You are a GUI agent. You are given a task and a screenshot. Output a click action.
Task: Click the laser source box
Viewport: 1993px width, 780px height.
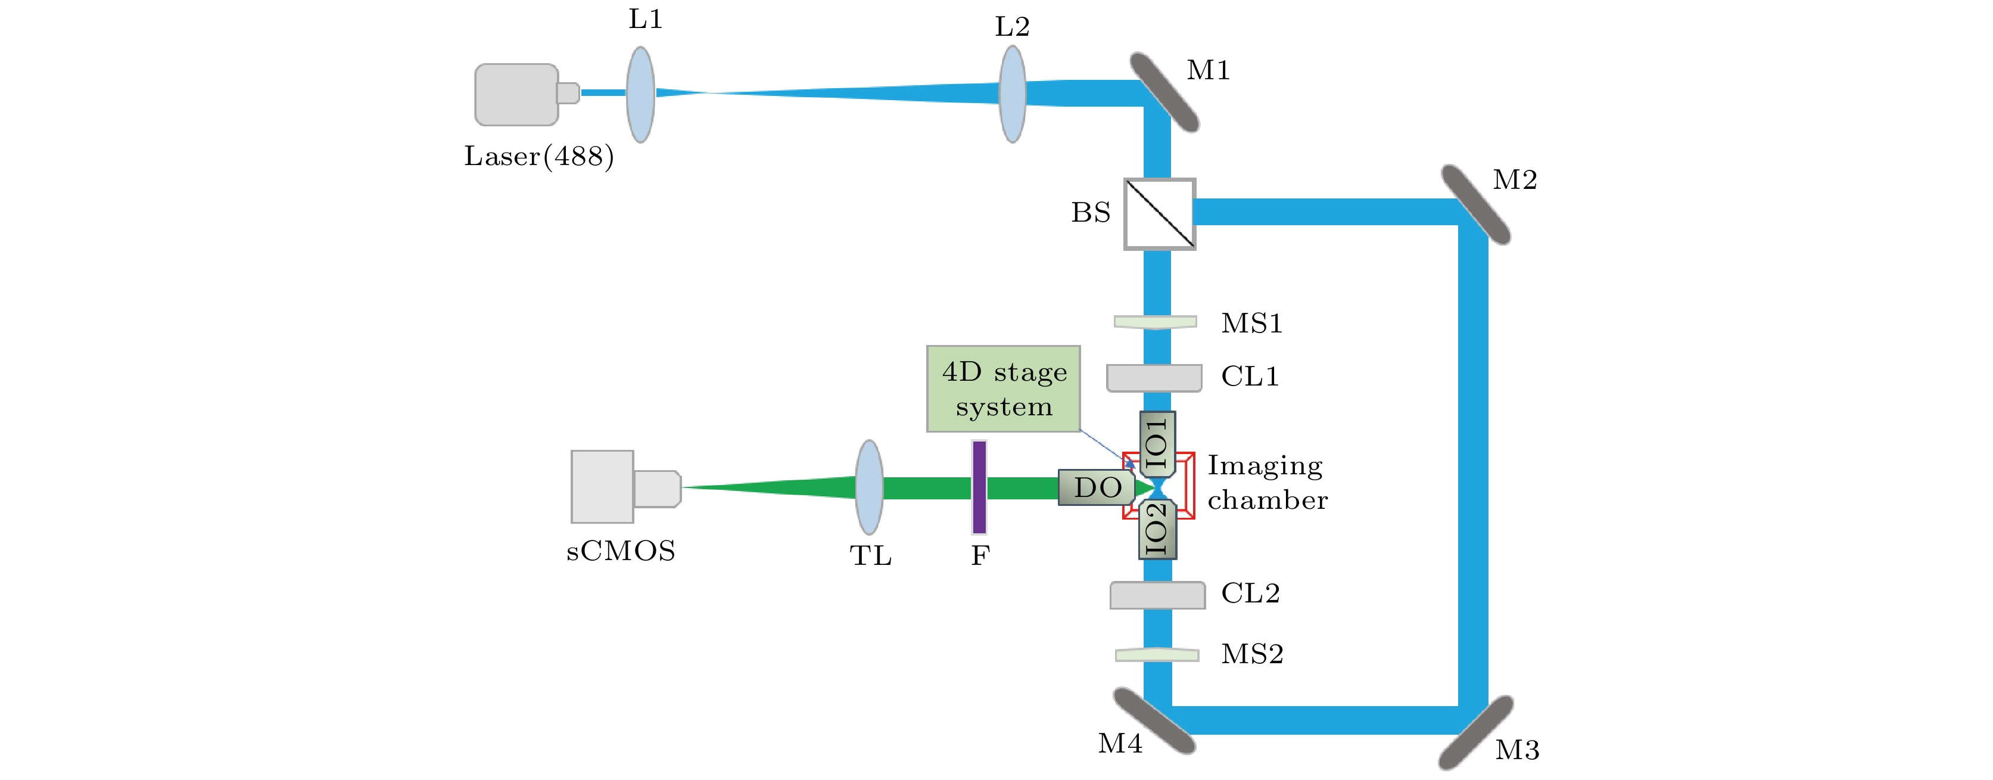coord(517,94)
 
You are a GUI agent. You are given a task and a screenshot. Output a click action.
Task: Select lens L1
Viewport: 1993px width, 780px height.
coord(641,94)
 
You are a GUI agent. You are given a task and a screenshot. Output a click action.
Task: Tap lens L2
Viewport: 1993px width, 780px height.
coord(1013,94)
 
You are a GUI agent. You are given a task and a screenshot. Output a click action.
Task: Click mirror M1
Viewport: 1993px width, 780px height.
coord(1164,92)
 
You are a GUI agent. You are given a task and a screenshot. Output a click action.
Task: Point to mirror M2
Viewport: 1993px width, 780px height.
coord(1476,205)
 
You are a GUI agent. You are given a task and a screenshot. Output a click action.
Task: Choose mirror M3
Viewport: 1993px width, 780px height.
coord(1476,732)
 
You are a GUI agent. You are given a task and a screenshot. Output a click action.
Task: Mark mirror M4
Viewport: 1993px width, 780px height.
coord(1154,720)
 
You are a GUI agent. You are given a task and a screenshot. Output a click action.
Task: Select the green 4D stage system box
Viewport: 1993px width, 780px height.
coord(1004,389)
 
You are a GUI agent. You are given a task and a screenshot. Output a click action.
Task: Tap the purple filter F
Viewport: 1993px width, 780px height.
coord(979,487)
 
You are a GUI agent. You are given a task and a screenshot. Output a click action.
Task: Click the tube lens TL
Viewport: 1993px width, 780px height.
coord(870,487)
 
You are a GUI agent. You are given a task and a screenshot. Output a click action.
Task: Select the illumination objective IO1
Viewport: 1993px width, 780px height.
coord(1157,444)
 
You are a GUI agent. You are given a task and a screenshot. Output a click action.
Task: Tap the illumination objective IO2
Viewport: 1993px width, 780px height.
coord(1157,529)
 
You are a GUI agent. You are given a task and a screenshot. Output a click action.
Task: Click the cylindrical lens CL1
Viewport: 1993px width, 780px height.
coord(1154,378)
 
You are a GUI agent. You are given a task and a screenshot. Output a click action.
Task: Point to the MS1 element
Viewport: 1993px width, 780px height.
coord(1155,322)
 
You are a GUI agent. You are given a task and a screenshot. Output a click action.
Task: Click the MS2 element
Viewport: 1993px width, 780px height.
coord(1157,655)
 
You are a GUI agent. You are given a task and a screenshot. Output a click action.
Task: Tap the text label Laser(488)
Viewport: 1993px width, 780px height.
coord(539,156)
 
